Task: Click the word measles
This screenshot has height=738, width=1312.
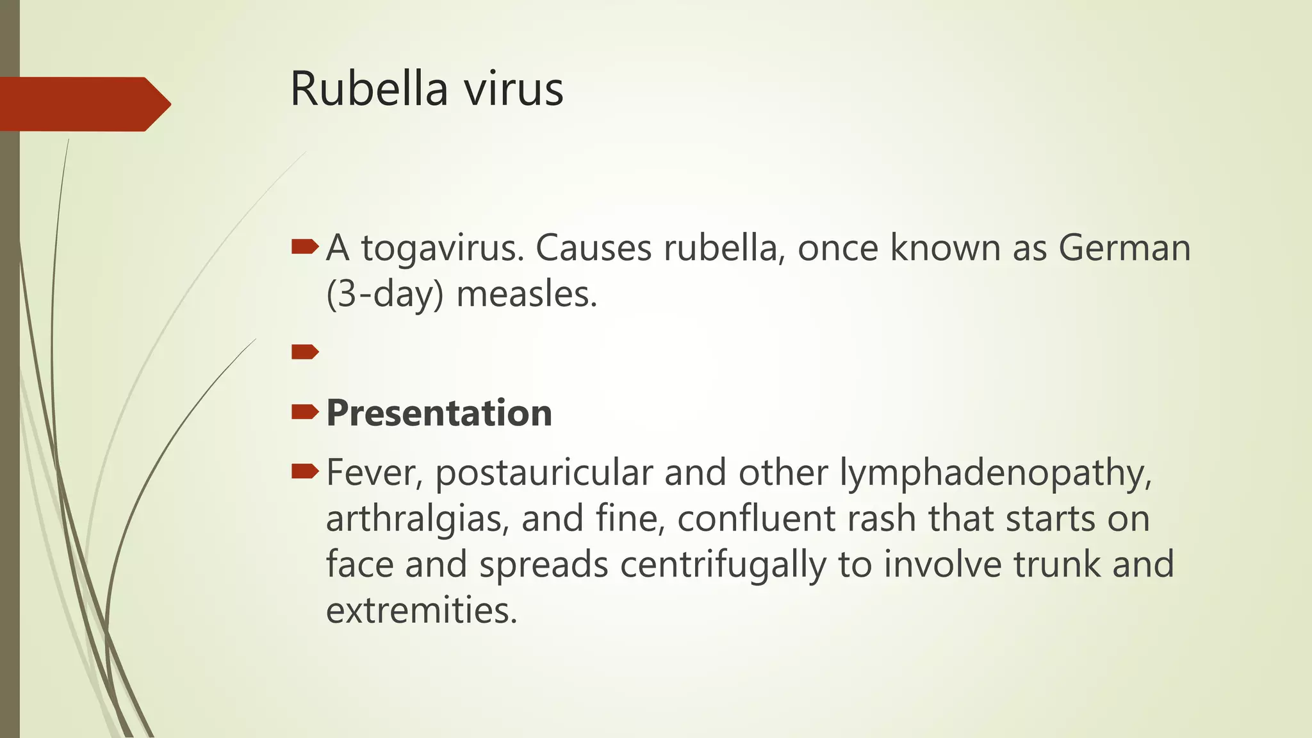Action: (x=527, y=295)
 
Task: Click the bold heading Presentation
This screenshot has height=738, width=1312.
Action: (x=439, y=413)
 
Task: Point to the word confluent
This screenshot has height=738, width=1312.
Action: (x=757, y=518)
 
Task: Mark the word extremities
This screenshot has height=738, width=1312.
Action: (x=421, y=610)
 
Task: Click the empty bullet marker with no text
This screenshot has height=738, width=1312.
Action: (x=304, y=352)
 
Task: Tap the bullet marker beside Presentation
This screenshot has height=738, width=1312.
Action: (x=304, y=412)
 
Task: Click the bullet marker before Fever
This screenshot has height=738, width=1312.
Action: (x=304, y=472)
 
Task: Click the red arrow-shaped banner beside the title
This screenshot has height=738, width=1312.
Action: (x=83, y=104)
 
